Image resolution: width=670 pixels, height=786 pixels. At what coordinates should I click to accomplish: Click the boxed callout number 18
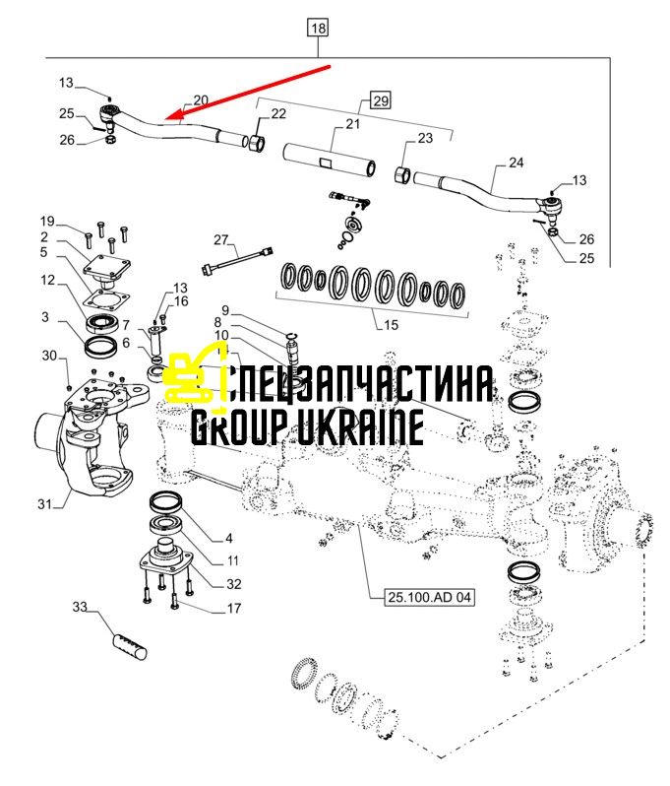(318, 28)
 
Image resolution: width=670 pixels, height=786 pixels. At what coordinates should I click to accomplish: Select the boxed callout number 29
(381, 100)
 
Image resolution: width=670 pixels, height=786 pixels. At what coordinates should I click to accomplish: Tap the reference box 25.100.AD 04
(429, 597)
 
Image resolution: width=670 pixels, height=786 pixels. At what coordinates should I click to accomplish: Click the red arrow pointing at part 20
(248, 93)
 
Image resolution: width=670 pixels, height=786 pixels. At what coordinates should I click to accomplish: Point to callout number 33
(80, 607)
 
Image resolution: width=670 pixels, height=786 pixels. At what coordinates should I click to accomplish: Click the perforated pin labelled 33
(129, 647)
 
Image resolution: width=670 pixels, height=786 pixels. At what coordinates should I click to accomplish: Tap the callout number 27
(220, 240)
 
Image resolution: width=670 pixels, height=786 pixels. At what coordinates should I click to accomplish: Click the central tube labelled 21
(330, 160)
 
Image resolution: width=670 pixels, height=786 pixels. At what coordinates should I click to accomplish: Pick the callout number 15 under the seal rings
(391, 325)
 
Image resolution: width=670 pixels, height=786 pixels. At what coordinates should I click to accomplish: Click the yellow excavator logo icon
(198, 373)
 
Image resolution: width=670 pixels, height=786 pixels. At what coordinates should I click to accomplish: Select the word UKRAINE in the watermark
(360, 426)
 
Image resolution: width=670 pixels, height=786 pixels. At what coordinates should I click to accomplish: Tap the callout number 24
(516, 163)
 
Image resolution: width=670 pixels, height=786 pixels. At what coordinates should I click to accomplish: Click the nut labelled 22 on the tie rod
(257, 143)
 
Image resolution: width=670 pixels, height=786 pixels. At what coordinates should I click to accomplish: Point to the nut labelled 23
(402, 175)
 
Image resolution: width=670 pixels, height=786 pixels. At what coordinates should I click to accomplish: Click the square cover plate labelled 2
(107, 268)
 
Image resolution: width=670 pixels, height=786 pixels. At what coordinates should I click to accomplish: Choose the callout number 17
(234, 608)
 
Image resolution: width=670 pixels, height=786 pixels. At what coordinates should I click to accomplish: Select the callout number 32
(234, 584)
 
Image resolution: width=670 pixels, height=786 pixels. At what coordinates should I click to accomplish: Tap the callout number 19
(47, 221)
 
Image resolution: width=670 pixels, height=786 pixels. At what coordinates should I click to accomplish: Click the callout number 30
(49, 356)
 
